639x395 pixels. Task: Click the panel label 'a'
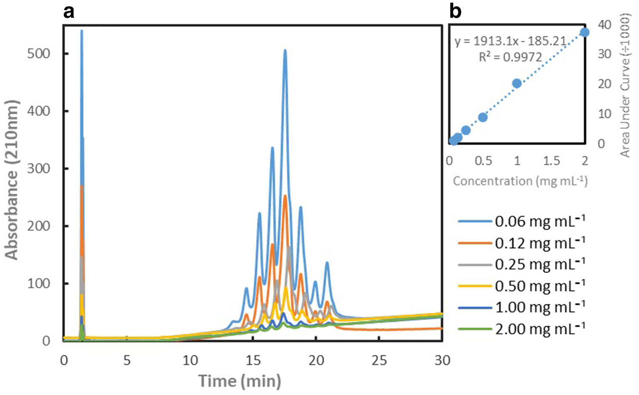(x=69, y=12)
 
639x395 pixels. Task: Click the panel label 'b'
(x=455, y=12)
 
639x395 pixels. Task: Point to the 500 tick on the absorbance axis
(x=39, y=54)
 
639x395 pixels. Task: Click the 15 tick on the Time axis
(x=253, y=360)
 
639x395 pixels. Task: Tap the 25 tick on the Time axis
(x=379, y=360)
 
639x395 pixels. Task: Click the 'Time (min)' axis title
(x=240, y=381)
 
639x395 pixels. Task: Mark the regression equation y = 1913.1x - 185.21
(x=510, y=41)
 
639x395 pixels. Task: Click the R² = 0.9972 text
(x=510, y=57)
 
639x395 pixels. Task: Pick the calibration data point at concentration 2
(x=584, y=32)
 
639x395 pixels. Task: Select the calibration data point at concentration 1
(x=517, y=84)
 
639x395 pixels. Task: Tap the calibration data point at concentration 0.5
(x=483, y=117)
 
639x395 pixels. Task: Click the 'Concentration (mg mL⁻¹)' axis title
(x=520, y=181)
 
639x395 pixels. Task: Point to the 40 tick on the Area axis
(x=604, y=25)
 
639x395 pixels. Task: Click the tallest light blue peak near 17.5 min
(x=285, y=51)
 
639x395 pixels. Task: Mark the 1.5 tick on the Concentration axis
(x=551, y=161)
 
